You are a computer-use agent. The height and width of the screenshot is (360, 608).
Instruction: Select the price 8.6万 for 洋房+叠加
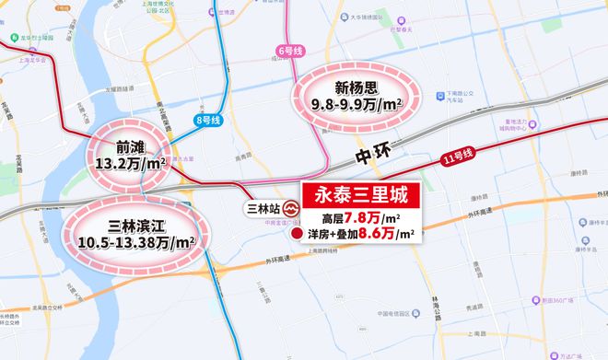pyautogui.click(x=389, y=236)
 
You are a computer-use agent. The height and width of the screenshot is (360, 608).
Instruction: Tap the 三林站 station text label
pyautogui.click(x=262, y=208)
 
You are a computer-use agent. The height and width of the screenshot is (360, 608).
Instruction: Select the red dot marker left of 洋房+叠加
pyautogui.click(x=297, y=237)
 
